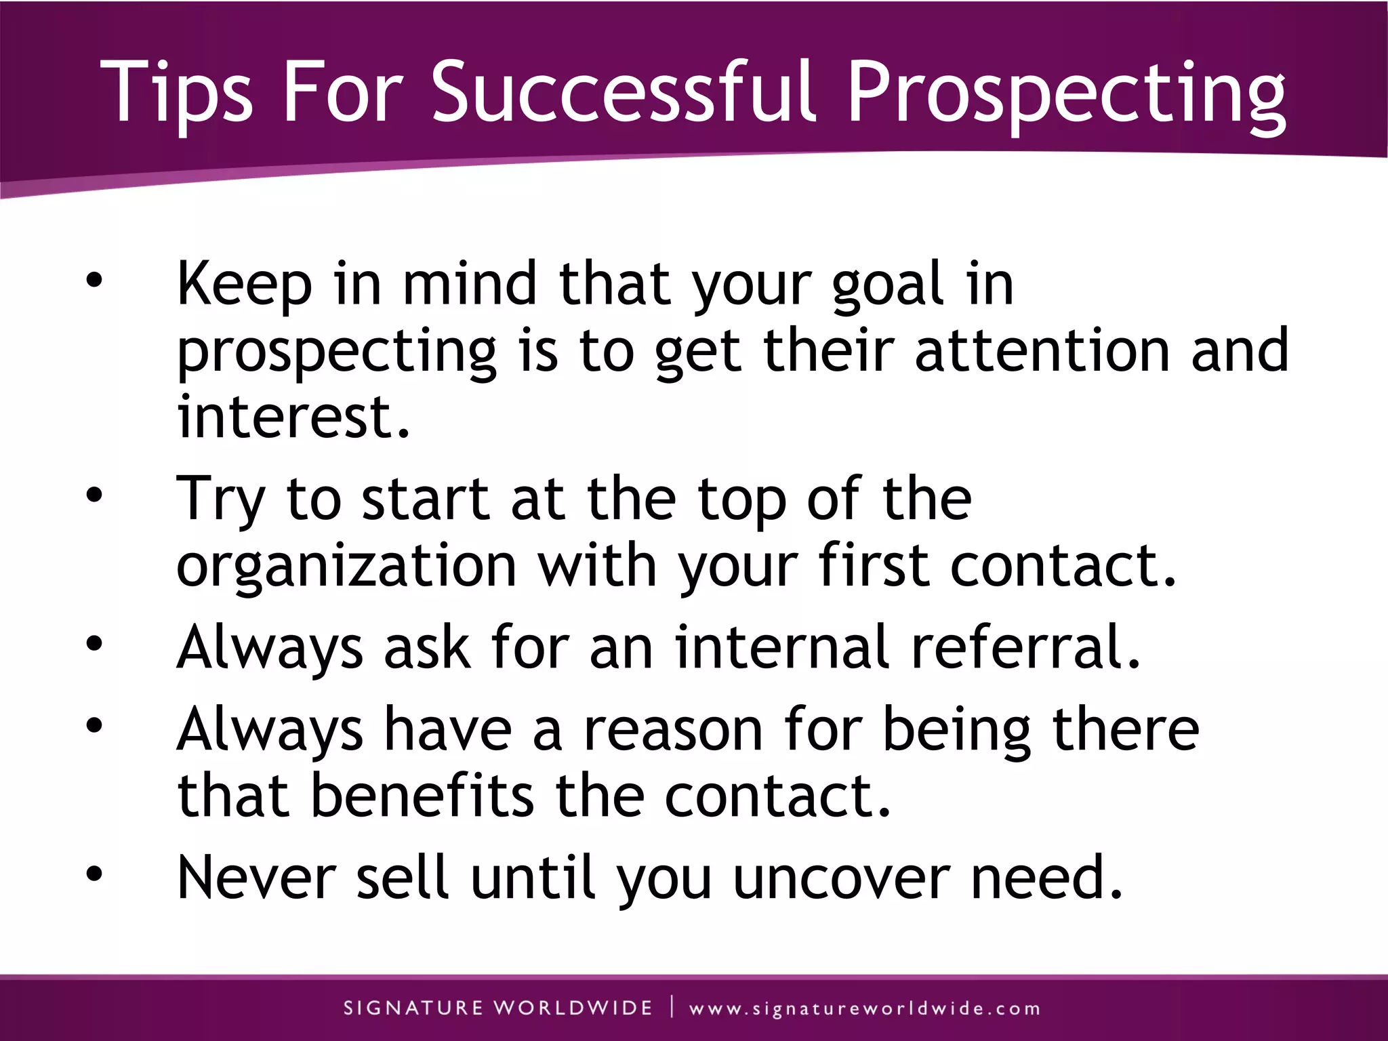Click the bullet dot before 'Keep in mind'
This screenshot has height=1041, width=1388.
(x=94, y=281)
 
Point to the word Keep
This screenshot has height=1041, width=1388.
(x=244, y=285)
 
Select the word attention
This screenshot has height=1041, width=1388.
(x=1042, y=350)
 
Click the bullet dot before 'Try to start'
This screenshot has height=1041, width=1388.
(x=94, y=495)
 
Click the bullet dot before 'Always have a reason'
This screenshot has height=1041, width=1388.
(x=94, y=726)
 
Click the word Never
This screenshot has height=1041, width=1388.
(x=257, y=878)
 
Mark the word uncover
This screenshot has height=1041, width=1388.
(x=842, y=878)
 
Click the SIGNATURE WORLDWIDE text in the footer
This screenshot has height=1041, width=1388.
(x=498, y=1008)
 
